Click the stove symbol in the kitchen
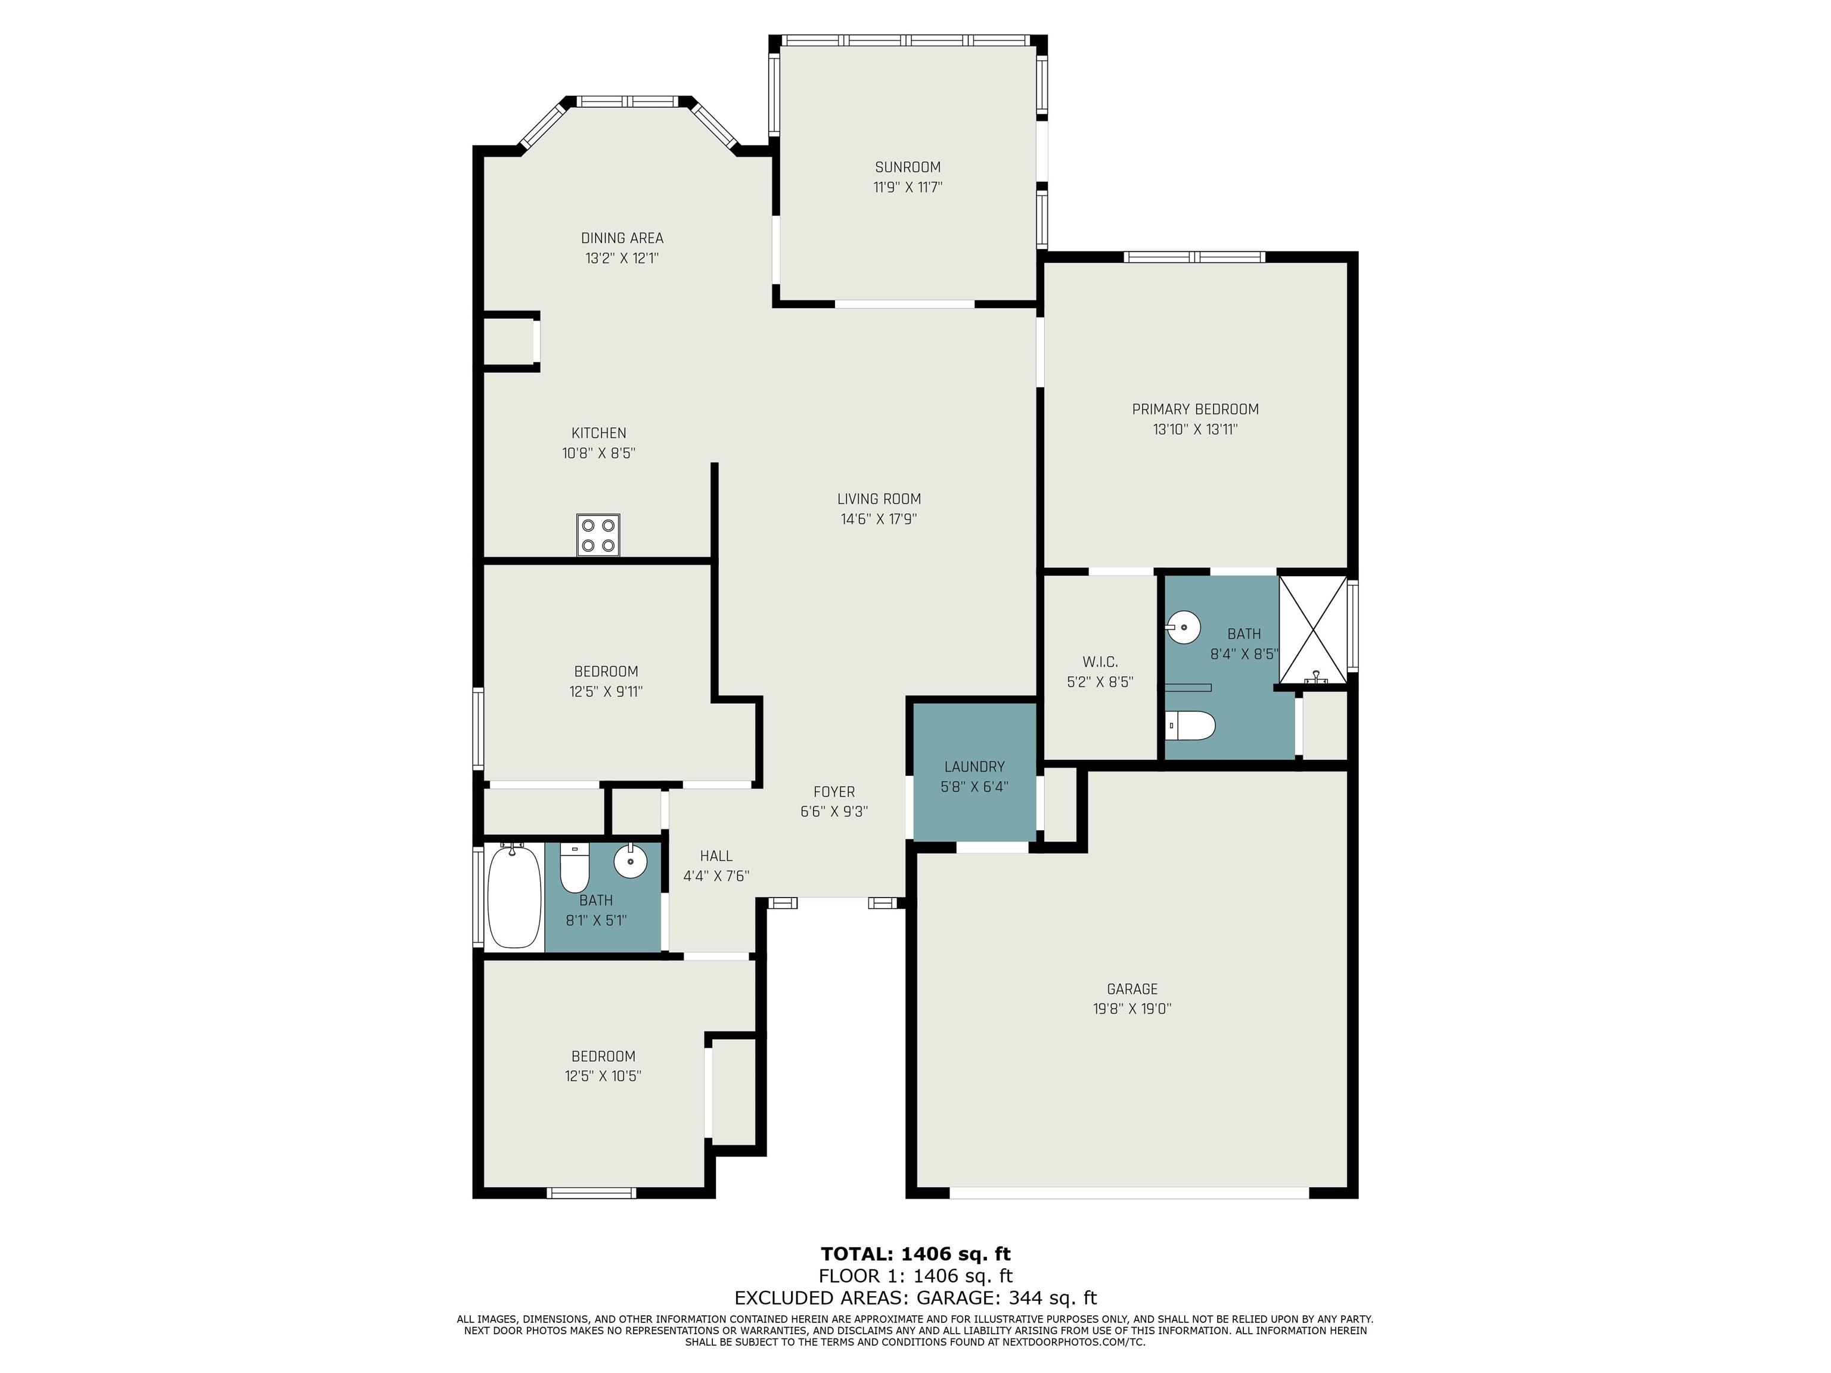[x=598, y=535]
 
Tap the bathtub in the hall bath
[x=514, y=896]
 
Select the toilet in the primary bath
[x=1190, y=726]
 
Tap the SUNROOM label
[x=908, y=167]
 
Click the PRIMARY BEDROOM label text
[x=1195, y=409]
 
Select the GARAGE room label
[x=1132, y=989]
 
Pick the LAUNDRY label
[x=975, y=766]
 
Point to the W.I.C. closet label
[x=1100, y=662]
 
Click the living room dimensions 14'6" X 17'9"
[x=879, y=519]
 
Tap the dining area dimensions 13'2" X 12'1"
[x=622, y=258]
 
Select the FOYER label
[x=834, y=792]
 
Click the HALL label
[x=716, y=856]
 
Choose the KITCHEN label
[x=598, y=433]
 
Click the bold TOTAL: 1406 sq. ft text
[x=915, y=1254]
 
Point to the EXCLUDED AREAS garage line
[x=915, y=1298]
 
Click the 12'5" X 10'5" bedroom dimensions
[x=603, y=1076]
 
